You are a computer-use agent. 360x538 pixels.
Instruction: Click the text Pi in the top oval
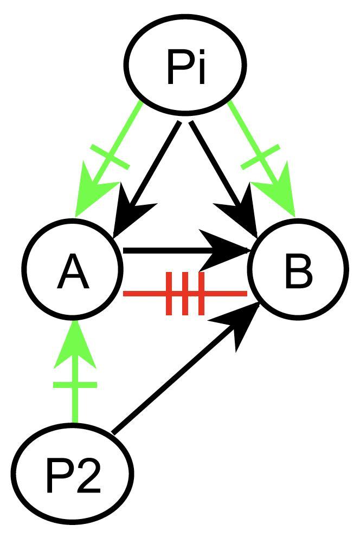pyautogui.click(x=186, y=69)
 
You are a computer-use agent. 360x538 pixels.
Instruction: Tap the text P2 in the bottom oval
pyautogui.click(x=73, y=477)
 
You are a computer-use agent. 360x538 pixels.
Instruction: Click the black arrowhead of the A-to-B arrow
pyautogui.click(x=228, y=250)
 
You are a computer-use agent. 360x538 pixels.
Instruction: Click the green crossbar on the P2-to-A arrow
pyautogui.click(x=75, y=385)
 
